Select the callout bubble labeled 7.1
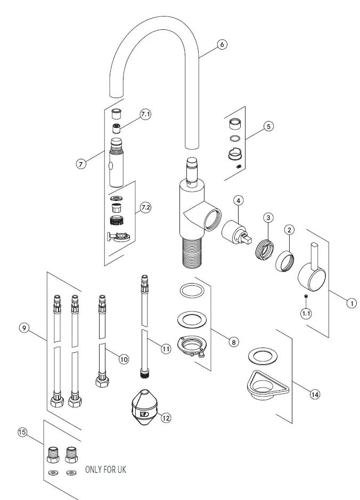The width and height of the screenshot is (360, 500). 145,115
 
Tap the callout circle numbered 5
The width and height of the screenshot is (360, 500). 268,126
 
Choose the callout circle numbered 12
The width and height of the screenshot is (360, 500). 166,418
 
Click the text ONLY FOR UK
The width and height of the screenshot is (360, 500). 106,470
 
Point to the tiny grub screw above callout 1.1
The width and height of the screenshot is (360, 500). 306,297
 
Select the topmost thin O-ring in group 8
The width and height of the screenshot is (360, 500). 191,291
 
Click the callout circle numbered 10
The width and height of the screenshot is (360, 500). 124,359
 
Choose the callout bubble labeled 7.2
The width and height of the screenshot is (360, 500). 145,207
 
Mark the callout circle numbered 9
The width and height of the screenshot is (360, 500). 24,328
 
